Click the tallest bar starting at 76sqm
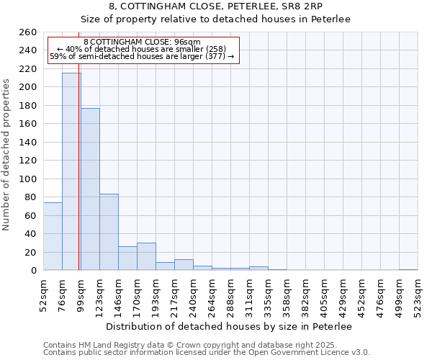(71, 171)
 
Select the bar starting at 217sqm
(184, 265)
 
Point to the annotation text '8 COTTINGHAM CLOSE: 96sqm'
(142, 42)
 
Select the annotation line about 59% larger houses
(142, 57)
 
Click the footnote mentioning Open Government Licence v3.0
(207, 353)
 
